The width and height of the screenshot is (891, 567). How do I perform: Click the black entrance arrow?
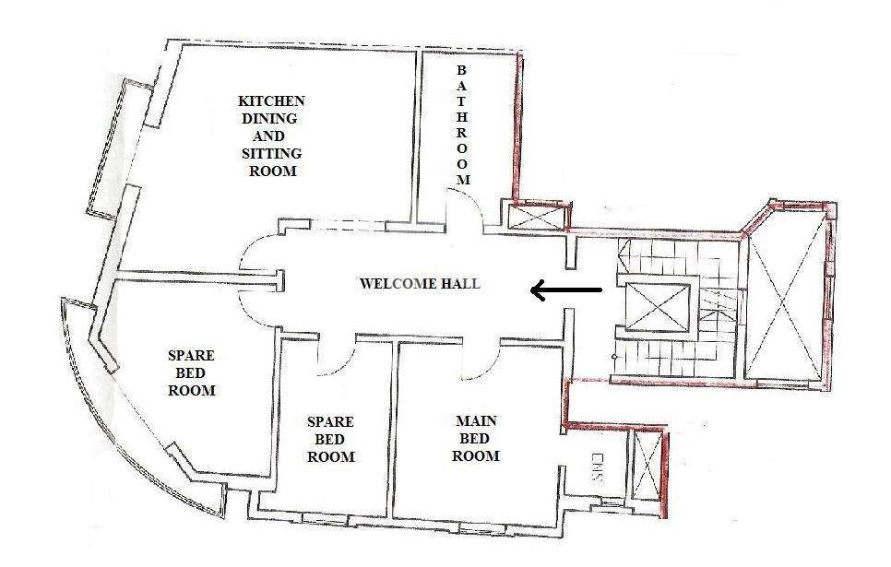coord(566,290)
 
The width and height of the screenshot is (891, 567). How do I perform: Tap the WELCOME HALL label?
coord(420,284)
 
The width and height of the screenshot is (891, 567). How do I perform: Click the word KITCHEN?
coord(271,101)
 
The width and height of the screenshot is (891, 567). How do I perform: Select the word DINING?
coord(269,119)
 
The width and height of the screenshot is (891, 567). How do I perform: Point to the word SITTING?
coord(271,153)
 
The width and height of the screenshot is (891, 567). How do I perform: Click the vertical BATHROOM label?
coord(462,125)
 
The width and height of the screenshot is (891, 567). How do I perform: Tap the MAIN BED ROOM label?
coord(476,438)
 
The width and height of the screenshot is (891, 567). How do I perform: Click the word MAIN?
coord(476,421)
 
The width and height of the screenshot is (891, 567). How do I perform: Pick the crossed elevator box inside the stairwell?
coord(659,307)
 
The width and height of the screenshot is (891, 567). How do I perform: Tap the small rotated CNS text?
coord(596,467)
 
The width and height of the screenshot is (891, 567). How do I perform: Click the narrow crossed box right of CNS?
coord(647,467)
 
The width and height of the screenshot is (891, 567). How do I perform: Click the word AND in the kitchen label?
coord(268,136)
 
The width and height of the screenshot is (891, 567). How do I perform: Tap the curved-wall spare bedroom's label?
coord(192,373)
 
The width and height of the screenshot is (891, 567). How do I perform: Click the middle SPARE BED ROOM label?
coord(331,439)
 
